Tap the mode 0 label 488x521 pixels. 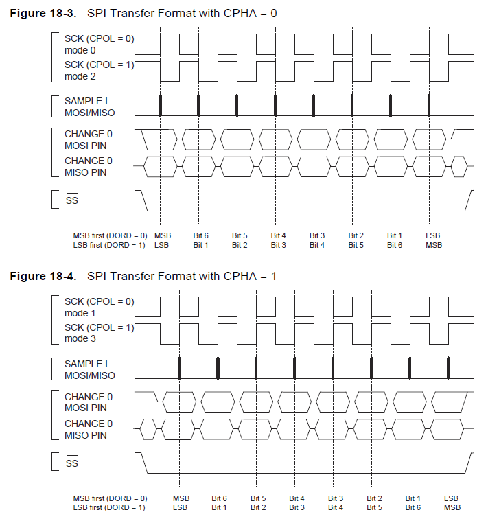pos(80,49)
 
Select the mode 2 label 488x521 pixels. pos(80,76)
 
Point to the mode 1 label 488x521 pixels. pos(80,312)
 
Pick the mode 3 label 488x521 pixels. pos(80,338)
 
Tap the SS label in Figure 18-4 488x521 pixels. pos(71,463)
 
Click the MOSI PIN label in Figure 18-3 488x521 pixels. pos(85,145)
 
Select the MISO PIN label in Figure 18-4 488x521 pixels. pos(85,435)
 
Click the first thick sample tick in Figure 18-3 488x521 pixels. pos(160,105)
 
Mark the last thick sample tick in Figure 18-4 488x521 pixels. pos(448,368)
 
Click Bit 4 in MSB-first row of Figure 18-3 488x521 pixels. pos(279,235)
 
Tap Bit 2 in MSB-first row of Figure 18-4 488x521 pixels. pos(374,498)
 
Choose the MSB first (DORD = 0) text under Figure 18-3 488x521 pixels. pos(111,235)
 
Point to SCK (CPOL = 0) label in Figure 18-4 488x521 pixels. pos(100,301)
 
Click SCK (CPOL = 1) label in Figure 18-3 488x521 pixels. pos(100,65)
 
